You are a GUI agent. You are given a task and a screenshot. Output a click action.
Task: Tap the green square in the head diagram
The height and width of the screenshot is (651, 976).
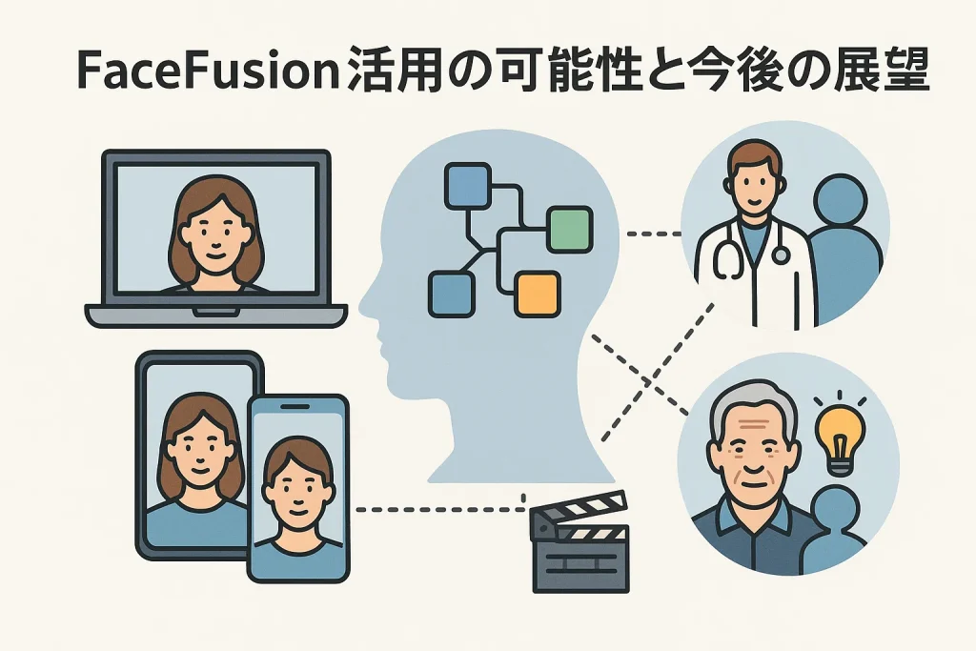pyautogui.click(x=569, y=229)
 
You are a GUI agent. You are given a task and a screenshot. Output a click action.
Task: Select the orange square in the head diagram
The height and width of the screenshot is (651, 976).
pyautogui.click(x=537, y=294)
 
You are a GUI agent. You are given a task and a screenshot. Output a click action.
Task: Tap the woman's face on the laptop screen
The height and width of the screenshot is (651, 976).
pyautogui.click(x=213, y=232)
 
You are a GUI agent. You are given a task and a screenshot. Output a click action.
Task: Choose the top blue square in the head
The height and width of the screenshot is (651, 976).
pyautogui.click(x=467, y=185)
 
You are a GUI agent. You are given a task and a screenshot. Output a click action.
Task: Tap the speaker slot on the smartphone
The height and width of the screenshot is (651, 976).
pyautogui.click(x=297, y=407)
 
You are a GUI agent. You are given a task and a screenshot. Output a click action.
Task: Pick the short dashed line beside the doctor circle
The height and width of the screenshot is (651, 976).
pyautogui.click(x=654, y=233)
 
